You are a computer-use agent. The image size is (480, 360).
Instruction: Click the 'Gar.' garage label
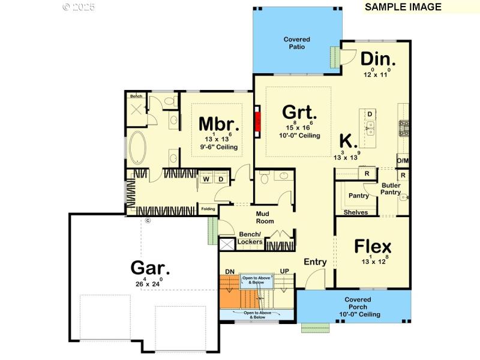(151, 268)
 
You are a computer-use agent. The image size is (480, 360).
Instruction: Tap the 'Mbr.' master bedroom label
(219, 124)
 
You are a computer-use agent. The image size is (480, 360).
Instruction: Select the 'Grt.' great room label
(299, 112)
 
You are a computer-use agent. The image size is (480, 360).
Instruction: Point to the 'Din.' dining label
(378, 59)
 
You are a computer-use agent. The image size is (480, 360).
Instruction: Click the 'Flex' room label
(373, 247)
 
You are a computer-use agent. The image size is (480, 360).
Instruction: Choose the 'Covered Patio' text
(297, 43)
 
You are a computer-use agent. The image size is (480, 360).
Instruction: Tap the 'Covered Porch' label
(358, 303)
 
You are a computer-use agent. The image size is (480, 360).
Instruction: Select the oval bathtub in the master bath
(136, 147)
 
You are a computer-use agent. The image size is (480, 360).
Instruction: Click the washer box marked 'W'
(206, 179)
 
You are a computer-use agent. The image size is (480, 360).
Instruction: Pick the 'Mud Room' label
(265, 217)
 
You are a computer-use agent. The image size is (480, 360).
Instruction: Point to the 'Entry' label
(315, 262)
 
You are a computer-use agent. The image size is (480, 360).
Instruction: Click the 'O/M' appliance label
(403, 160)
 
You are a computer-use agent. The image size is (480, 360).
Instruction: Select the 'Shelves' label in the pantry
(356, 212)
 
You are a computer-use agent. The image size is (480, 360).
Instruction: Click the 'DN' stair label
(229, 272)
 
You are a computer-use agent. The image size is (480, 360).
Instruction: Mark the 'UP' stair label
(284, 272)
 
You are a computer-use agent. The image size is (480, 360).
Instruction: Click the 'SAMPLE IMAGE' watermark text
(403, 7)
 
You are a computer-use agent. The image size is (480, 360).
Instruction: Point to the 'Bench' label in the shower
(136, 96)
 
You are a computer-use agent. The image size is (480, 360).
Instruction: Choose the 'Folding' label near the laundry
(208, 209)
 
